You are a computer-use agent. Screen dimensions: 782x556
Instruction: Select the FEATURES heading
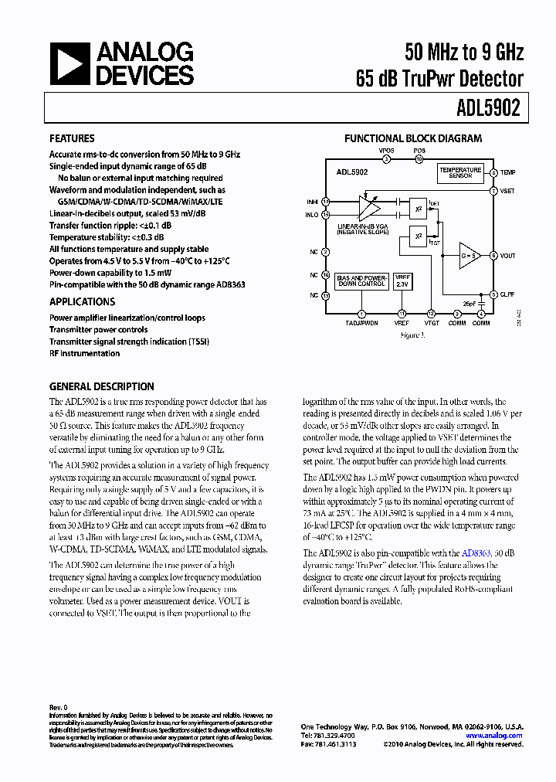tap(72, 138)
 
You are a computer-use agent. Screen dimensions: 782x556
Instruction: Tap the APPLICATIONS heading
tap(82, 301)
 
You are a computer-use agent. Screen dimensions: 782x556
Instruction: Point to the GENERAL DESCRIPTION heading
tap(101, 386)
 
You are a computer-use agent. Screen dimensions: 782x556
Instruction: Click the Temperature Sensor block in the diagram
tap(460, 173)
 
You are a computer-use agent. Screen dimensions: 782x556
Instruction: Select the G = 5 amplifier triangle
tap(469, 255)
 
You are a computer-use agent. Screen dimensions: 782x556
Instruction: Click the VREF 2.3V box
tap(402, 281)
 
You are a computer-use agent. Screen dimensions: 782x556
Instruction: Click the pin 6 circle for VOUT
tap(493, 255)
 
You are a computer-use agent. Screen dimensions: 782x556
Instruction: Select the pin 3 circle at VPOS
tap(387, 158)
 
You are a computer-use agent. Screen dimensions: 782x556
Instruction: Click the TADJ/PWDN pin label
tap(361, 323)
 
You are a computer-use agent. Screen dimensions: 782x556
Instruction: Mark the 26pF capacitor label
tap(470, 303)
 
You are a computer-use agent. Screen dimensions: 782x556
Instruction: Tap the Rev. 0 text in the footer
tap(59, 707)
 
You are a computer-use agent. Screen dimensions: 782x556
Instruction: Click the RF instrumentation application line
tap(84, 353)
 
